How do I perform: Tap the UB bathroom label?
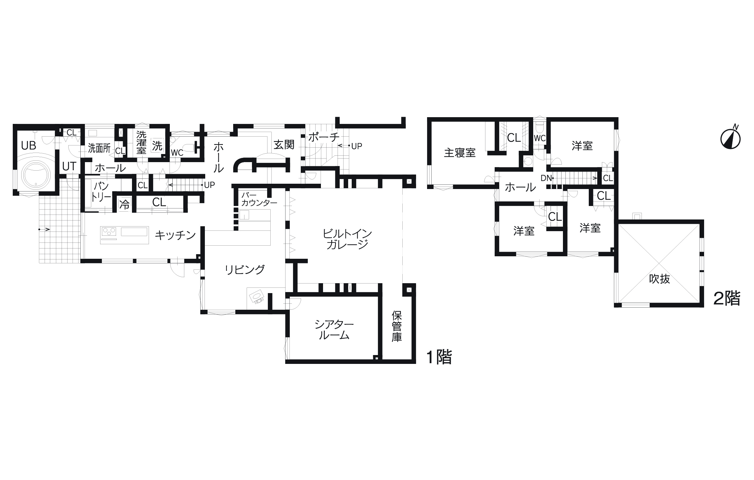click(x=29, y=145)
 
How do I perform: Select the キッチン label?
click(x=175, y=235)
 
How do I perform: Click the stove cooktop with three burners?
click(x=109, y=232)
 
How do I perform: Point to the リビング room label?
click(x=244, y=270)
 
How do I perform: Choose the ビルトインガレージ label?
click(x=347, y=239)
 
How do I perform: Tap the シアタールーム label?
click(x=334, y=330)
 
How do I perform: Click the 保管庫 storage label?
click(x=397, y=326)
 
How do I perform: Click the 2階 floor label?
click(x=727, y=299)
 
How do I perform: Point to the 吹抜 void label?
click(x=660, y=279)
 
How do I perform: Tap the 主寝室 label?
click(x=460, y=153)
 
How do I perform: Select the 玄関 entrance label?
click(x=284, y=144)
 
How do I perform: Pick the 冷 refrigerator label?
click(x=124, y=205)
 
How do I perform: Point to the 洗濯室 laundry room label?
click(x=141, y=142)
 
